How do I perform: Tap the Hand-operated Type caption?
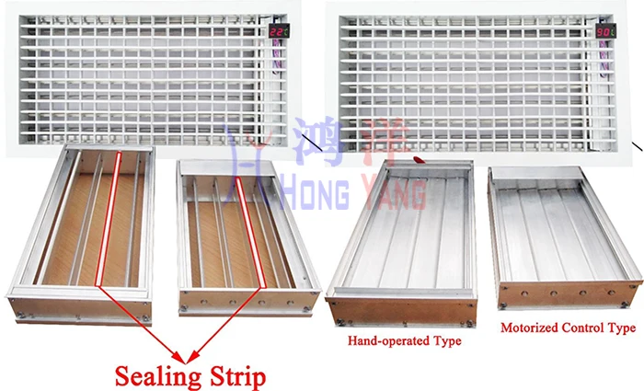click(x=404, y=341)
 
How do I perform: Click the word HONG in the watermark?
click(x=303, y=195)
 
